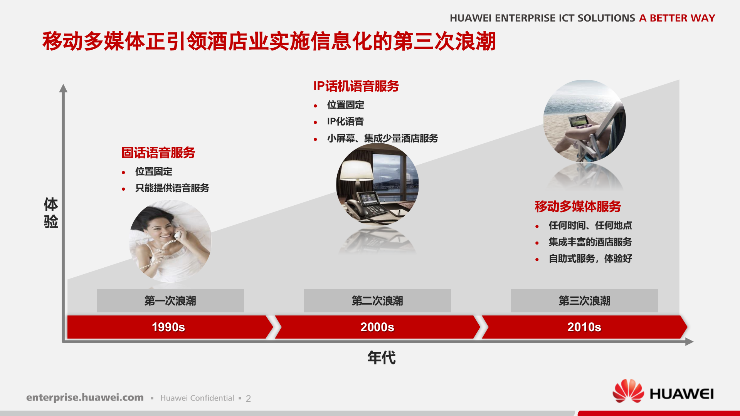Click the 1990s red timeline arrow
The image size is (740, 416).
click(x=168, y=327)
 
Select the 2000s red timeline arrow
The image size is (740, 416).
click(x=377, y=327)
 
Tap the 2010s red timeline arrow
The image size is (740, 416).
click(x=584, y=327)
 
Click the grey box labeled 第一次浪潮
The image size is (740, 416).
click(x=170, y=301)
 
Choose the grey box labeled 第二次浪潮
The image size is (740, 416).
click(x=377, y=301)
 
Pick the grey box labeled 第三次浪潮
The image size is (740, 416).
click(x=584, y=301)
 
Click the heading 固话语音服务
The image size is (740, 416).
click(x=158, y=153)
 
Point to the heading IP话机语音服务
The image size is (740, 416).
click(x=356, y=86)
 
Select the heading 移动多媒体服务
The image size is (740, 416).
click(x=578, y=207)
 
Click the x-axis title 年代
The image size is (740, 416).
click(x=381, y=358)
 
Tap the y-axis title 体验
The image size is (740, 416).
click(x=51, y=213)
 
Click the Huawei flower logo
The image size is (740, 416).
click(x=628, y=391)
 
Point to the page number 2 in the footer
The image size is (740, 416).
click(x=248, y=399)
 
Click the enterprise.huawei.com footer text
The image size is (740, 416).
click(x=85, y=398)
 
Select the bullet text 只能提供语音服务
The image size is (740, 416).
click(x=172, y=188)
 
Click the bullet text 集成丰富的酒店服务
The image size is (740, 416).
click(x=590, y=242)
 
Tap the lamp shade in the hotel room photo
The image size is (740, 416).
click(x=356, y=170)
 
